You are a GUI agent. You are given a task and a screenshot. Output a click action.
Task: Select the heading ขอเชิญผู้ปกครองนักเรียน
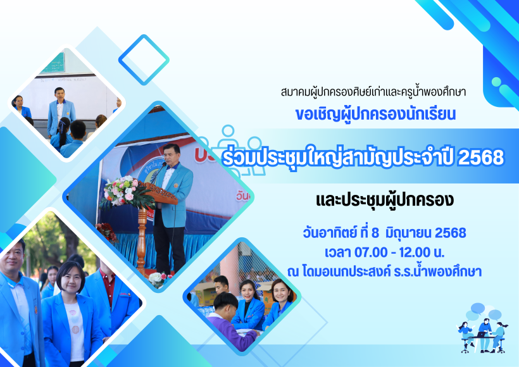tap(376, 114)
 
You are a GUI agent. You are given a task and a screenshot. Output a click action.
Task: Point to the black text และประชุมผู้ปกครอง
tap(385, 200)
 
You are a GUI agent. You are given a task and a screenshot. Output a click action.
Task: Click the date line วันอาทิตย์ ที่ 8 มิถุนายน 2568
tap(385, 233)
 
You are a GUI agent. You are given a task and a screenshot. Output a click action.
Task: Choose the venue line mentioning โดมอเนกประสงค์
tap(385, 271)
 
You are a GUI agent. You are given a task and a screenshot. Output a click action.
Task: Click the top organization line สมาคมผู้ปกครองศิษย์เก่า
tap(373, 92)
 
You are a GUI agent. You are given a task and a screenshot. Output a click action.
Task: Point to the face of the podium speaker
tap(172, 154)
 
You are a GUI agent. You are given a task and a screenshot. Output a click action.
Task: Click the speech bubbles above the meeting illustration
tap(482, 312)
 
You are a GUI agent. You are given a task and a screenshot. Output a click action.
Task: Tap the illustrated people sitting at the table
tap(483, 335)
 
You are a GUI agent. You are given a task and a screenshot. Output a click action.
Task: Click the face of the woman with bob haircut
tap(72, 278)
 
